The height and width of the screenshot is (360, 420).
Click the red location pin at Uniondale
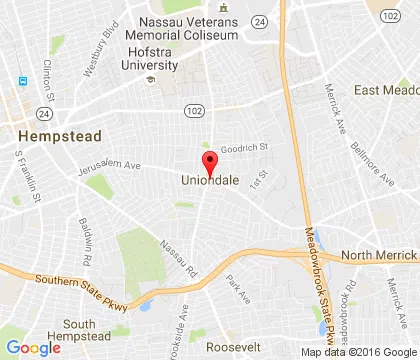pyautogui.click(x=210, y=164)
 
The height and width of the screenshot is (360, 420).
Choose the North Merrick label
pyautogui.click(x=379, y=255)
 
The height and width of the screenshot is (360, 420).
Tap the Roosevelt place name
pyautogui.click(x=232, y=345)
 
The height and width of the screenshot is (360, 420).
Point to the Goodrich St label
pyautogui.click(x=246, y=146)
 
